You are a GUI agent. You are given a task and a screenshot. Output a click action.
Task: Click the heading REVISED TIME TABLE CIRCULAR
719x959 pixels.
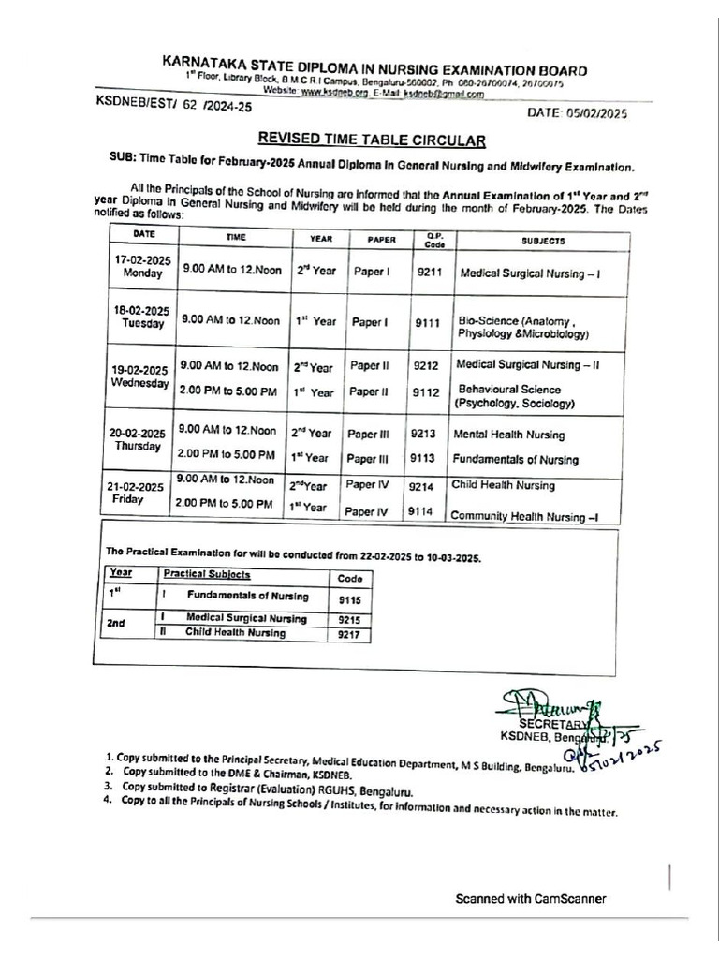tap(373, 140)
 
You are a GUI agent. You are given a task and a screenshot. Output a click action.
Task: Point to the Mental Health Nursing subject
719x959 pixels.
tap(509, 435)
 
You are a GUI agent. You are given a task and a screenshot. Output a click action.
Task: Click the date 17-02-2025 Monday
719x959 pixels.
tap(142, 265)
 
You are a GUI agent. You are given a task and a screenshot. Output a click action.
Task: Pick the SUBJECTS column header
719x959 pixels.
tap(543, 241)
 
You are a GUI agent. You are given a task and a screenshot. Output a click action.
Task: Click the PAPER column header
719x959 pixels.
tap(381, 240)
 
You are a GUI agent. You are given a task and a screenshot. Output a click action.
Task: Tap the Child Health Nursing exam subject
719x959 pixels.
tap(503, 485)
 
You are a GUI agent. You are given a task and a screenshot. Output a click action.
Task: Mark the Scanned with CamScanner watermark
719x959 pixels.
tap(530, 899)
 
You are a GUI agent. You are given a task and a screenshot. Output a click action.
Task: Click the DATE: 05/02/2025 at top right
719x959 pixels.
tap(578, 113)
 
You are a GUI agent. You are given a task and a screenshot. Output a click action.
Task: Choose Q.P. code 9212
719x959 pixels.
tap(427, 366)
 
